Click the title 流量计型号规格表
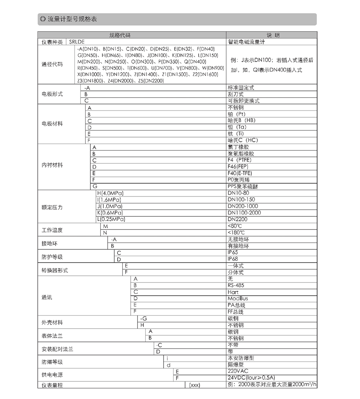tap(72, 19)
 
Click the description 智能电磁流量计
tap(247, 41)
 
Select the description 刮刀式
tap(236, 94)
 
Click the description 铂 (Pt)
tap(236, 114)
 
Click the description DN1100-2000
tap(244, 213)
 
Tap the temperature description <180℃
tap(236, 233)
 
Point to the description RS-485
tap(236, 285)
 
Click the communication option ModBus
tap(238, 299)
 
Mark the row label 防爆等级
tap(52, 362)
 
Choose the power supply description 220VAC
tap(238, 371)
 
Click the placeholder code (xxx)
tap(194, 385)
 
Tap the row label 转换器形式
tap(55, 270)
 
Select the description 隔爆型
tap(236, 365)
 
